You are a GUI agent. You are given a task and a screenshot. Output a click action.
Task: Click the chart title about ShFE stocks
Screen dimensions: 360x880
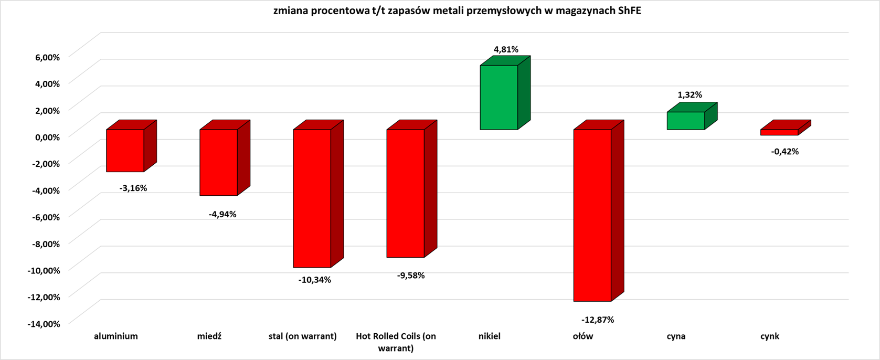click(x=457, y=11)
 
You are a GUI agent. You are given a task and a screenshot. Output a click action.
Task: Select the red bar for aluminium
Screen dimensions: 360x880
click(x=125, y=150)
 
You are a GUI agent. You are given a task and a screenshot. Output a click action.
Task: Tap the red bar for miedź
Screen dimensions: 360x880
click(x=218, y=162)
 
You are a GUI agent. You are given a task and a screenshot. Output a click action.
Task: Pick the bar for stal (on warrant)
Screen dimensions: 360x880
click(x=312, y=198)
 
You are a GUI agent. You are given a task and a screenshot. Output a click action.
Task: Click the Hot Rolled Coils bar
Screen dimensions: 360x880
click(x=405, y=193)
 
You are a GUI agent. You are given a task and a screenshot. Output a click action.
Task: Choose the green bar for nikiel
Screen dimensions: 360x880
click(x=499, y=97)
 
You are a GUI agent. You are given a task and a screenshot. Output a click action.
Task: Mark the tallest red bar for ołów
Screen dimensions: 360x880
click(x=592, y=215)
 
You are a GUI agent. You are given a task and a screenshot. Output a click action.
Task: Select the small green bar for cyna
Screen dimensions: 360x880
click(x=686, y=121)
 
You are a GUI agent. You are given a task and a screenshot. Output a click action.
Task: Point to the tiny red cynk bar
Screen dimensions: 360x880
click(x=779, y=132)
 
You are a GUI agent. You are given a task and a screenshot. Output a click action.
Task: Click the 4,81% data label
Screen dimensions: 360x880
click(x=506, y=50)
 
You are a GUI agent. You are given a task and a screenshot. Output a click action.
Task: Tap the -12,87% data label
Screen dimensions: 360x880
click(x=598, y=320)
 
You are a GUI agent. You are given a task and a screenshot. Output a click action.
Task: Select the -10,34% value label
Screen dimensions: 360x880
click(x=315, y=280)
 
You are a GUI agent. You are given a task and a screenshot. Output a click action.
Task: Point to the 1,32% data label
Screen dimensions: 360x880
click(x=690, y=95)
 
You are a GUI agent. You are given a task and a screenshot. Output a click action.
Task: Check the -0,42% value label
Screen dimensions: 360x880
click(x=784, y=152)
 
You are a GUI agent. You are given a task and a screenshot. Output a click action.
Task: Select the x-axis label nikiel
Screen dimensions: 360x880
click(x=490, y=336)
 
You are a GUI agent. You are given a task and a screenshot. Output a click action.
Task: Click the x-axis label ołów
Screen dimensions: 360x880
click(x=582, y=336)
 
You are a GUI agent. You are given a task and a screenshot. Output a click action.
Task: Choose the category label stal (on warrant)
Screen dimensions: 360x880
click(x=302, y=336)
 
